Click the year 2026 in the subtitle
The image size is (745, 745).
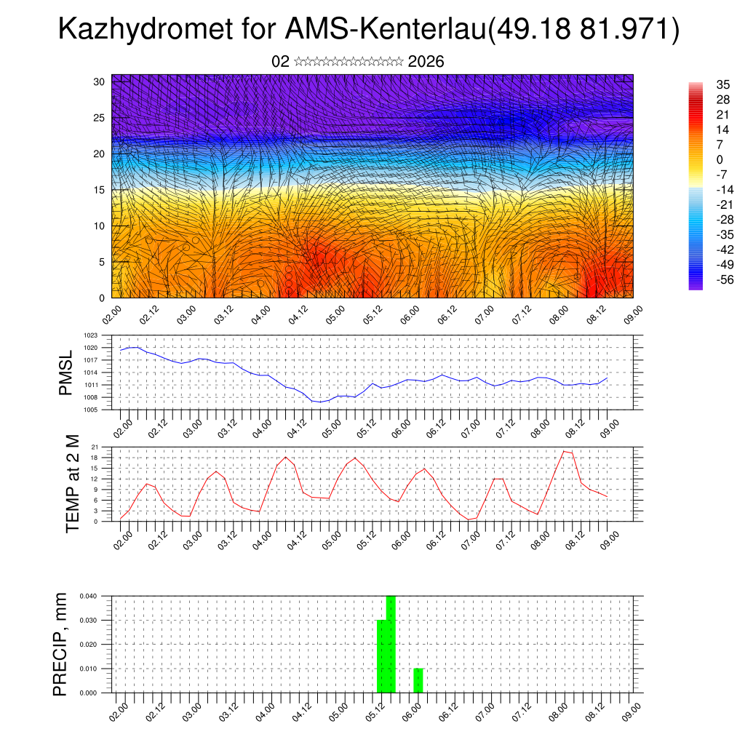pyautogui.click(x=426, y=62)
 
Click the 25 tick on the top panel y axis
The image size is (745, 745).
pyautogui.click(x=100, y=118)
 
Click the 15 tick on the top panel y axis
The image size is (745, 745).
pyautogui.click(x=100, y=190)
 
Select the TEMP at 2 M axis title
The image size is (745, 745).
pyautogui.click(x=73, y=484)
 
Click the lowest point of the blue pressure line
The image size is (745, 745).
pyautogui.click(x=320, y=402)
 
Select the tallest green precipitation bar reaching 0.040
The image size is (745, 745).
pyautogui.click(x=391, y=644)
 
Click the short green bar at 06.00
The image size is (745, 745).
pyautogui.click(x=418, y=680)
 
